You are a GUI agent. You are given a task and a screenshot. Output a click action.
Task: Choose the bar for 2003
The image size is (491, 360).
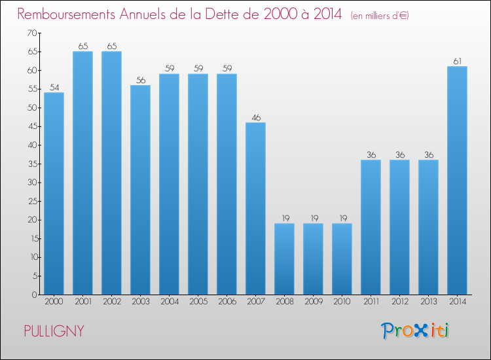pos(140,190)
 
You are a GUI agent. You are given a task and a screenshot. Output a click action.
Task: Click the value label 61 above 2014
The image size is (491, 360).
pos(457,62)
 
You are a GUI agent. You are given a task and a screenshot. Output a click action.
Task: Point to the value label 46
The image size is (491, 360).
pos(255,118)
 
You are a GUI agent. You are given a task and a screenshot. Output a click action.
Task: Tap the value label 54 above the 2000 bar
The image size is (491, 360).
pos(54,88)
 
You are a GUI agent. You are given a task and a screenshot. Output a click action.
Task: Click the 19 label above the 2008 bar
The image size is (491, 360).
pos(284,219)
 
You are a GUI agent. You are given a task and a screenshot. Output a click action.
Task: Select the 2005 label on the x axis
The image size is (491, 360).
pos(198,302)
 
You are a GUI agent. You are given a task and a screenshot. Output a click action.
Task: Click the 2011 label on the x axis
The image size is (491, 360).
pos(371,302)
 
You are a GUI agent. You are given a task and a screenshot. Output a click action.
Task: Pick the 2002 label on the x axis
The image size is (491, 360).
pos(111,302)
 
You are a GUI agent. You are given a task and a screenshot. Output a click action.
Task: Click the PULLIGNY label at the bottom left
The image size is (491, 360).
pos(54,331)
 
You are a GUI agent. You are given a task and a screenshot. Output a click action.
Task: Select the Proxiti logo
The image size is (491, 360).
pos(416,331)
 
